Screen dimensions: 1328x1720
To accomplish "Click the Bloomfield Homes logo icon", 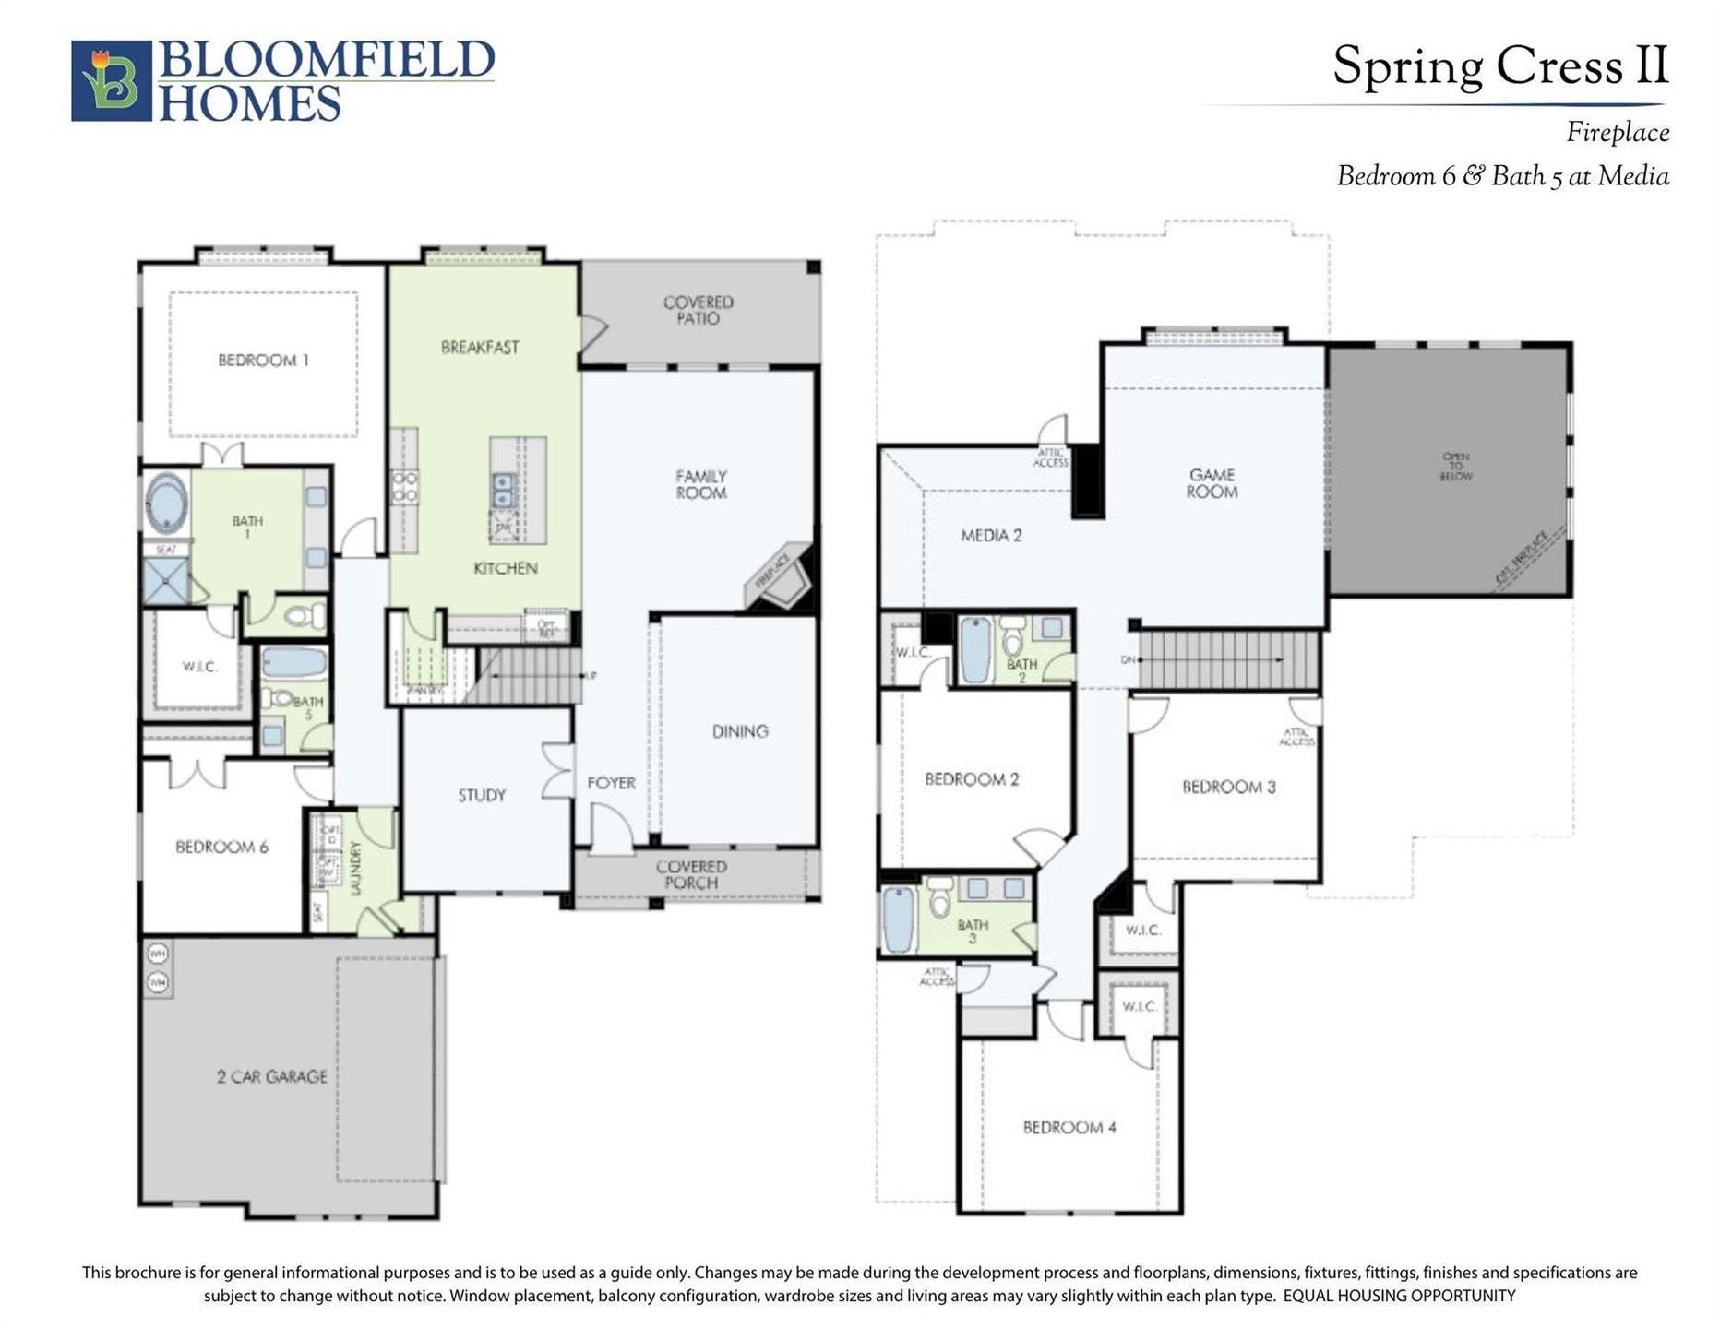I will (111, 80).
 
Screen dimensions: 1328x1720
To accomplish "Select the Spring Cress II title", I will (1500, 66).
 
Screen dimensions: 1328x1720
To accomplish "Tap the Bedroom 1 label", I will (263, 361).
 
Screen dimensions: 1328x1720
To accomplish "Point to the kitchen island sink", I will (504, 490).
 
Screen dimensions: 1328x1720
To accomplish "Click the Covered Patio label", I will (699, 310).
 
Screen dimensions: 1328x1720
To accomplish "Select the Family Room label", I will (701, 484).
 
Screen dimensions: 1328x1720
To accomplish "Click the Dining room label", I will (740, 731).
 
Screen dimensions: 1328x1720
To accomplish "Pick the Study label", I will (482, 795).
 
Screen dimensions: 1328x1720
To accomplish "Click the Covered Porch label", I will (691, 874).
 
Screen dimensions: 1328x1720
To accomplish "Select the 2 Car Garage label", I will (272, 1076).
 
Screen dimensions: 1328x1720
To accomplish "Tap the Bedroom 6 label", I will (221, 847).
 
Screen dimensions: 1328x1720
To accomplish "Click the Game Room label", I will (1212, 483).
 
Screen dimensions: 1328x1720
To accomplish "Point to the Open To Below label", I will (1455, 466).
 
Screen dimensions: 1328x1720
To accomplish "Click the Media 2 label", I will (991, 535).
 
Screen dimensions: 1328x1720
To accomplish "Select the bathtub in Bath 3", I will (899, 919).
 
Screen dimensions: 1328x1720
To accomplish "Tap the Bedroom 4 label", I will (1069, 1127).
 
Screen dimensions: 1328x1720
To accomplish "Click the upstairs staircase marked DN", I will (1227, 659).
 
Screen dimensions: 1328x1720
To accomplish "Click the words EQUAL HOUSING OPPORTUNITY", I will (1399, 1296).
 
